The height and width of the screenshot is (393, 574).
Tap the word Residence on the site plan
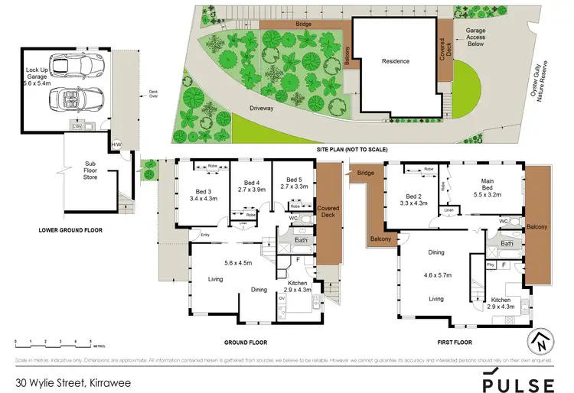396,61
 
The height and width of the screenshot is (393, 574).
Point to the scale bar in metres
53,340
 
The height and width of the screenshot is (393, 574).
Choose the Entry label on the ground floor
205,235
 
